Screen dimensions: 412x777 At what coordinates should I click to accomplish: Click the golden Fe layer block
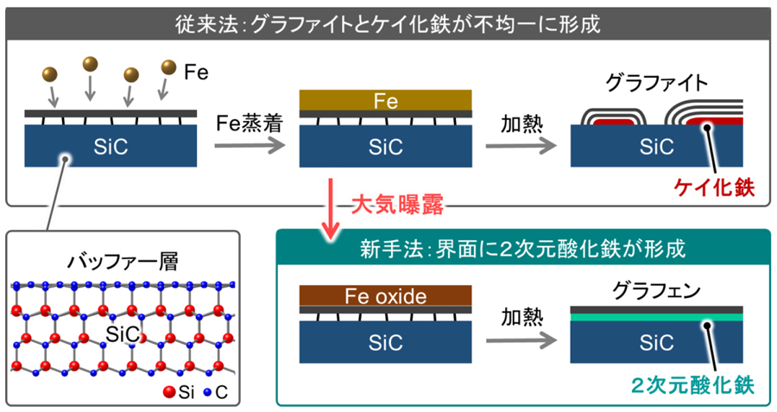pyautogui.click(x=385, y=103)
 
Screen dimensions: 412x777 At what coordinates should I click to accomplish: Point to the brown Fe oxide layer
pyautogui.click(x=385, y=296)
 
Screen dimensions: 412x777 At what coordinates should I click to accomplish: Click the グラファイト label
pyautogui.click(x=657, y=84)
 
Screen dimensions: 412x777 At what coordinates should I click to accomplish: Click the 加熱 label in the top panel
pyautogui.click(x=521, y=124)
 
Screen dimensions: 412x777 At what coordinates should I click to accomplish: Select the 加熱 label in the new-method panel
pyautogui.click(x=521, y=318)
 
